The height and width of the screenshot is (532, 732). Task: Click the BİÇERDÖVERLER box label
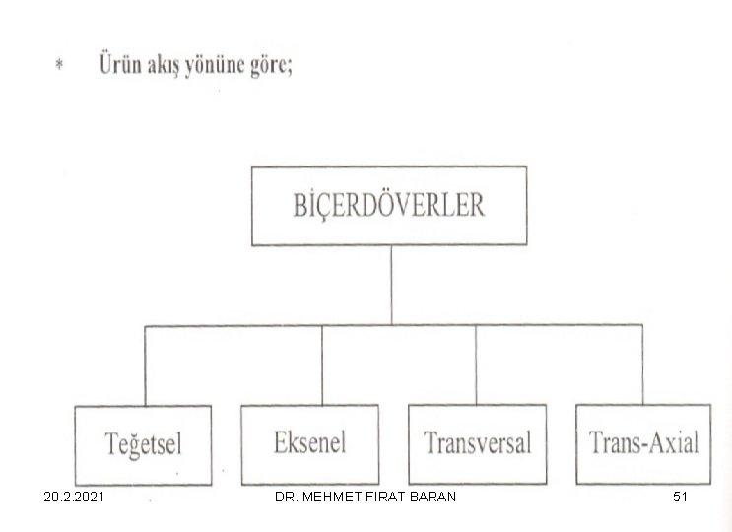389,205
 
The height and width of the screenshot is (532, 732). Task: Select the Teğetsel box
143,445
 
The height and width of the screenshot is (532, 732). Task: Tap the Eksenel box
310,444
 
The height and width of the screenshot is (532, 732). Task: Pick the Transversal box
478,443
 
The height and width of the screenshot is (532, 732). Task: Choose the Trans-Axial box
643,443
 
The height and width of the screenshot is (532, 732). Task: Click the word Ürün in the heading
120,64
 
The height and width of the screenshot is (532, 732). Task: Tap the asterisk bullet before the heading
59,64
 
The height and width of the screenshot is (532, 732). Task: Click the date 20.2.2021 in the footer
74,497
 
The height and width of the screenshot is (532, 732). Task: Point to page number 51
680,497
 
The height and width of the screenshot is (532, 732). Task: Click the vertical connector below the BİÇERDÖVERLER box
391,285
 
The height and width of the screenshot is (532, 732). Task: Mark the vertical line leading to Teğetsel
145,366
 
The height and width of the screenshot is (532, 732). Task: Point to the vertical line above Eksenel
322,365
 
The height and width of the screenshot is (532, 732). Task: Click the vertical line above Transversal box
476,365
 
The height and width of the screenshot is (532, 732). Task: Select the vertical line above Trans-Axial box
642,365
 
